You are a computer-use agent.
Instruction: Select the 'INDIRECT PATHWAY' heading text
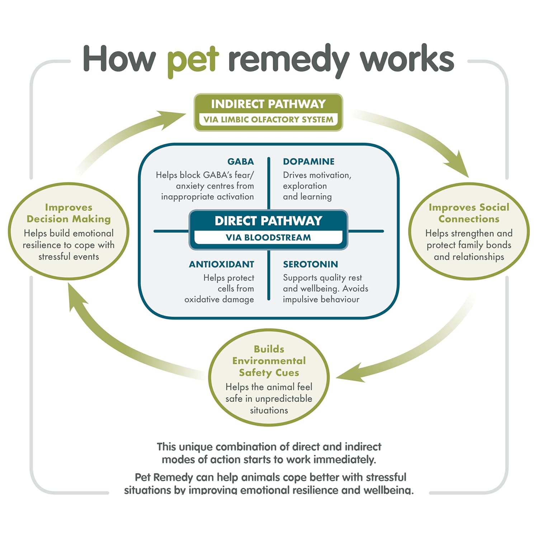(268, 104)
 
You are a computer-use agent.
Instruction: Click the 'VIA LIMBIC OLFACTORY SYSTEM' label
(268, 120)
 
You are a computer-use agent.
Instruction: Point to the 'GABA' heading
(240, 162)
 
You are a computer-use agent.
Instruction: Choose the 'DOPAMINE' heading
(308, 162)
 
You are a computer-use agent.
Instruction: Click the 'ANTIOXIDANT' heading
(221, 264)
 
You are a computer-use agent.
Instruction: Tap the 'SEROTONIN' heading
(310, 264)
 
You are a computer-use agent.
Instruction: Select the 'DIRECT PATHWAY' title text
(268, 221)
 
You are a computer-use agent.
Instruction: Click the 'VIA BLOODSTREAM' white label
(268, 237)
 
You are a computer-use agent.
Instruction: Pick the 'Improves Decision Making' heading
(69, 213)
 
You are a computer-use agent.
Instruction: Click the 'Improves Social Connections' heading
(469, 213)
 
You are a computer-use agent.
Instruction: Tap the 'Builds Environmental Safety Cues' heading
(269, 361)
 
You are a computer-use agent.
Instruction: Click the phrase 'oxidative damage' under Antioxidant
(219, 299)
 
